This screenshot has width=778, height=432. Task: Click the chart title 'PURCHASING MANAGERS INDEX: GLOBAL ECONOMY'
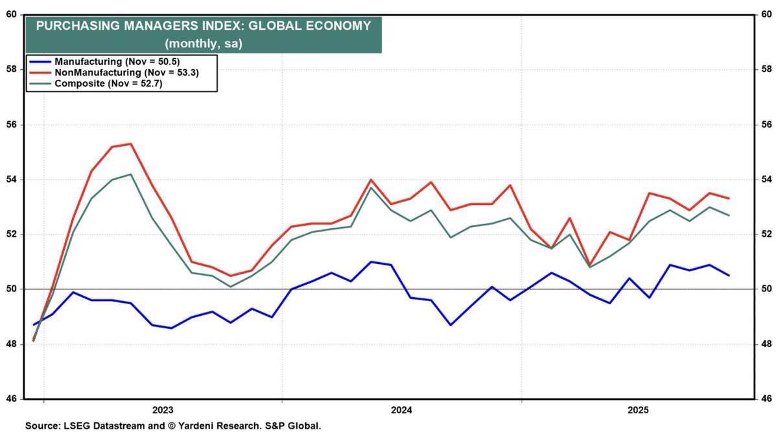click(203, 27)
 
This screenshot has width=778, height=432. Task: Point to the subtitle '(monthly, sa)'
click(203, 43)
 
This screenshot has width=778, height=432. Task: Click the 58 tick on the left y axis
click(12, 69)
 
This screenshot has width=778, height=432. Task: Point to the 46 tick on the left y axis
click(12, 398)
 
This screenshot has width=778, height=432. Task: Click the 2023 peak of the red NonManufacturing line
click(131, 143)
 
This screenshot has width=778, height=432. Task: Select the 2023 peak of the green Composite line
click(131, 174)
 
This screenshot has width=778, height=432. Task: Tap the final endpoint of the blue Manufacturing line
click(729, 275)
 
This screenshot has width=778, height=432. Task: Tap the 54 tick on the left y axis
click(12, 179)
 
